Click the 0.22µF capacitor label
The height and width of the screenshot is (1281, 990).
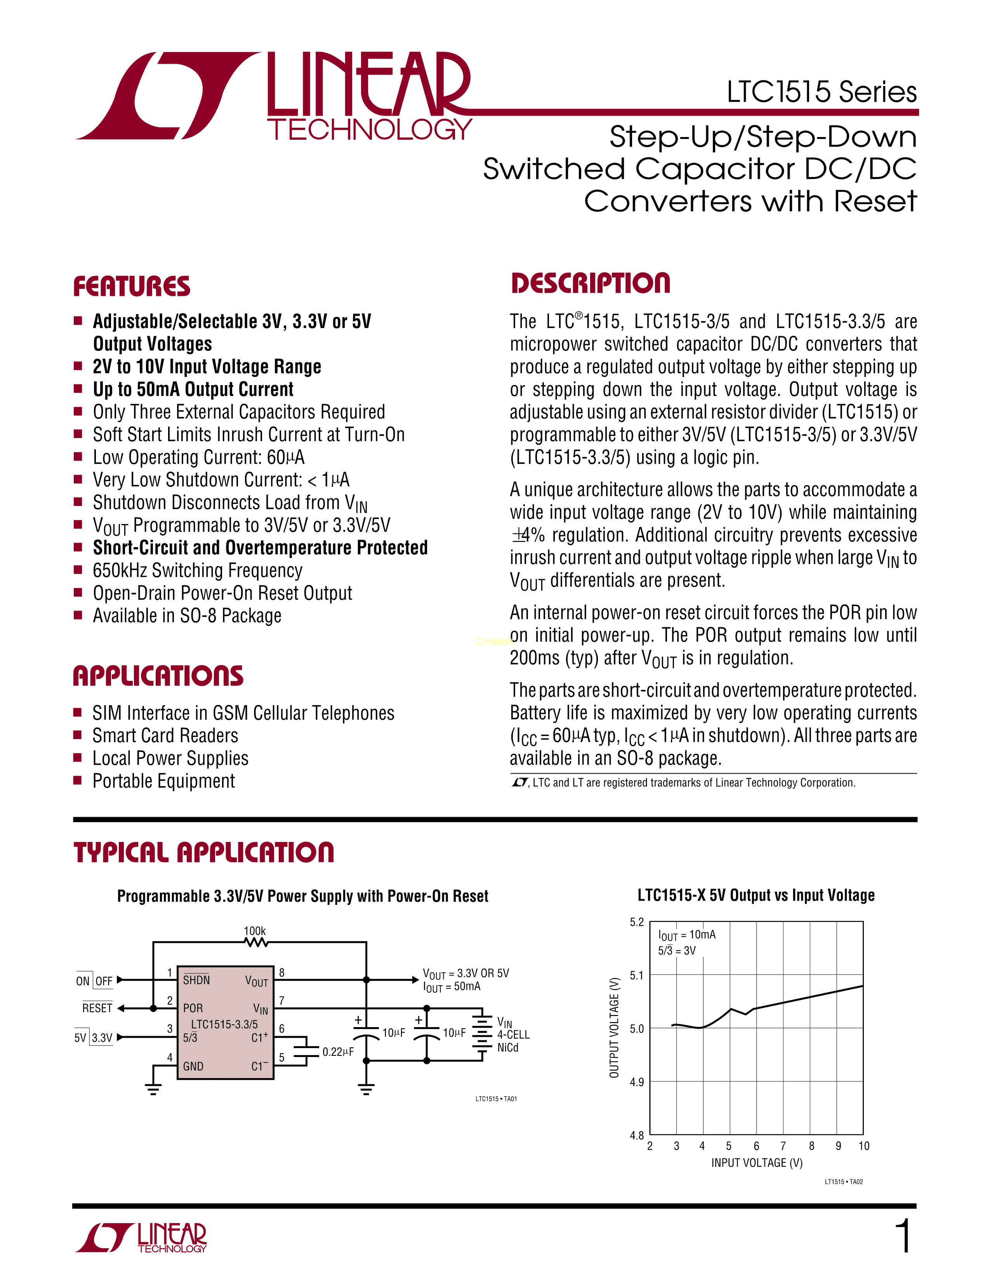338,1052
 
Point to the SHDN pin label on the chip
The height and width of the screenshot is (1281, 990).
196,980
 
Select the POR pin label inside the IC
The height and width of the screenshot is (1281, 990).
193,1008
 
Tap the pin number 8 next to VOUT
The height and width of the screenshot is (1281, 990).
281,972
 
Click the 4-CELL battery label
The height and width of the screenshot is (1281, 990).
513,1035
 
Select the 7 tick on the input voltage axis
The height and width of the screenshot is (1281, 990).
783,1146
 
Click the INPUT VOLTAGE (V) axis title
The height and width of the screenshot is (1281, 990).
757,1163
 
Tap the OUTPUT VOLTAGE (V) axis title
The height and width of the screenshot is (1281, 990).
614,1027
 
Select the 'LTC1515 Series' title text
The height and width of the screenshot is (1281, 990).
822,92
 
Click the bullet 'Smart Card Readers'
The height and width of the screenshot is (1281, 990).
165,736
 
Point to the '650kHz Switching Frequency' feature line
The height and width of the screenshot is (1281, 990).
198,570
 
